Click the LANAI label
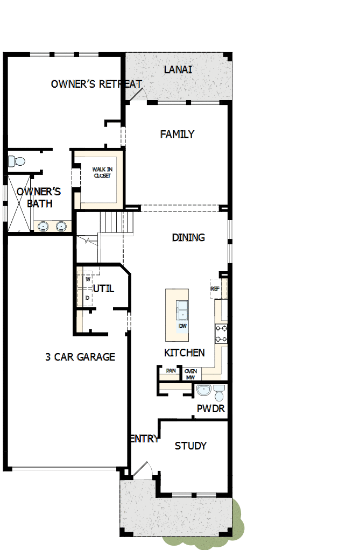[x=178, y=70]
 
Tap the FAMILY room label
[x=177, y=135]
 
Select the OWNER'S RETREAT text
[x=96, y=84]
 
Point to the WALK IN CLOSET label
[x=102, y=172]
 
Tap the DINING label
[x=188, y=237]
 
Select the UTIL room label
[x=103, y=288]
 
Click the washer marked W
[x=87, y=279]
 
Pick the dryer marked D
[x=87, y=298]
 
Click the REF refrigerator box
[x=215, y=288]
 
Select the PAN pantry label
[x=171, y=371]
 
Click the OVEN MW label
[x=190, y=374]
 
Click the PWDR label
[x=210, y=409]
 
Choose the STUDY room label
[x=190, y=446]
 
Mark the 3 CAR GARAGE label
[x=80, y=357]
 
